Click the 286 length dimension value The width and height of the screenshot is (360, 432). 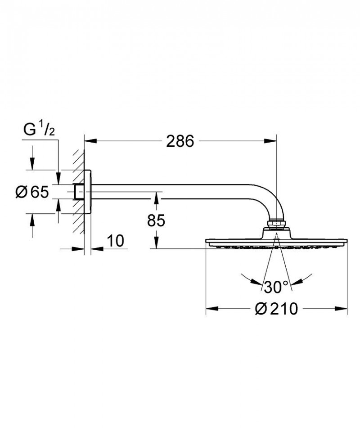(180, 141)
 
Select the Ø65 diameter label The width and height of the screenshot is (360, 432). (31, 192)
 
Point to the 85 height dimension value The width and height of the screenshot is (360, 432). (156, 220)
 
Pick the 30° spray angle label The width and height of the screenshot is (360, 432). (276, 286)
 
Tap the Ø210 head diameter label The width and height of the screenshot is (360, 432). (276, 309)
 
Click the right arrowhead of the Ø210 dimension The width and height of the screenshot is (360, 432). (343, 309)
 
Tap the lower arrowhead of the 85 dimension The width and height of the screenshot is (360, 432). (156, 244)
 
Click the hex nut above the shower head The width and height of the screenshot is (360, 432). (276, 224)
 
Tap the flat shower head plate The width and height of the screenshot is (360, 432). (276, 242)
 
